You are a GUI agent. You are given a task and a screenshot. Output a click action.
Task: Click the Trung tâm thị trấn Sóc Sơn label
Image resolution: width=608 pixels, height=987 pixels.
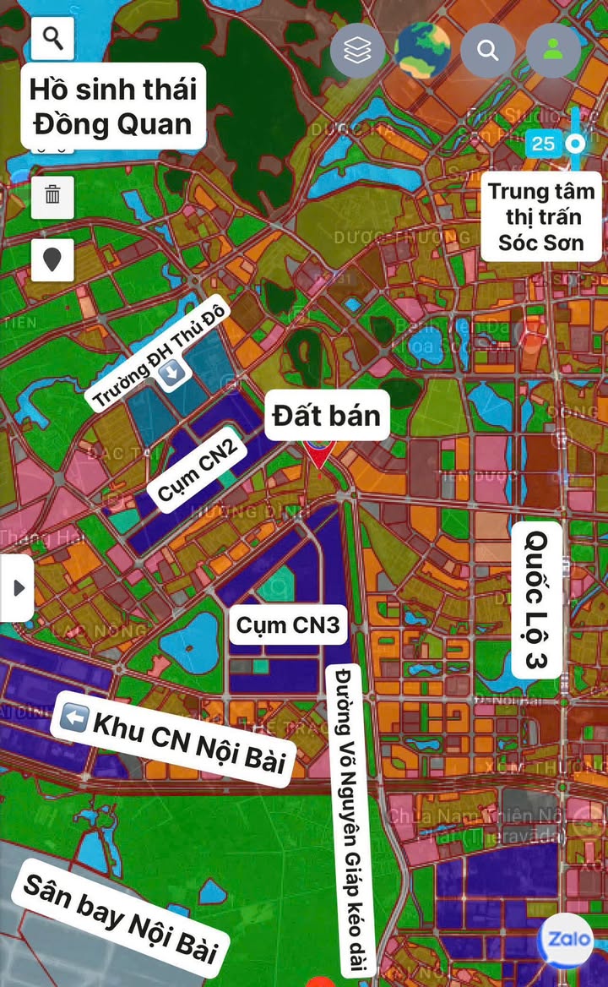(x=541, y=215)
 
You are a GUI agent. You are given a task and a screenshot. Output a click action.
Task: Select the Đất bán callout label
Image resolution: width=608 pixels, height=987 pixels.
(x=327, y=415)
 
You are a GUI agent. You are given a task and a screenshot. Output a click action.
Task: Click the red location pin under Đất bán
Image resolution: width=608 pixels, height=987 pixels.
(x=319, y=454)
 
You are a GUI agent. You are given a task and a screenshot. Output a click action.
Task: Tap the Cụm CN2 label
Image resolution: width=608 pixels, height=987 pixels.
(x=197, y=471)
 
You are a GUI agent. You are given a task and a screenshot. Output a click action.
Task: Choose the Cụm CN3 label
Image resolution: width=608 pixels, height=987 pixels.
(x=288, y=624)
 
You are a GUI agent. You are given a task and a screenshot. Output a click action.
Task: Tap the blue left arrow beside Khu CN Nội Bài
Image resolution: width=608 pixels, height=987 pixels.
(x=73, y=718)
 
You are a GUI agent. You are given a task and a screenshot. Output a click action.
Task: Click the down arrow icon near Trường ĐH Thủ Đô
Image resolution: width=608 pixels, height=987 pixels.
(x=174, y=373)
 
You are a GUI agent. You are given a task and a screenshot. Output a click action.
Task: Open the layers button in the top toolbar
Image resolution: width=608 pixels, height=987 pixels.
(x=358, y=51)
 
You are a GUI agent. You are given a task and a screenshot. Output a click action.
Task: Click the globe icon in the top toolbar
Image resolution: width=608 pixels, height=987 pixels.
(x=422, y=51)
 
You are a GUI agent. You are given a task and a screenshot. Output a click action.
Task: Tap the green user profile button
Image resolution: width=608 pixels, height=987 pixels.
(x=553, y=51)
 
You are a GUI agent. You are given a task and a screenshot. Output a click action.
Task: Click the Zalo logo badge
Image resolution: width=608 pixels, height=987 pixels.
(x=565, y=940)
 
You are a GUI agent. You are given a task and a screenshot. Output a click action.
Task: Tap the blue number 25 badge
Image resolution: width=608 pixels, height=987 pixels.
(x=543, y=144)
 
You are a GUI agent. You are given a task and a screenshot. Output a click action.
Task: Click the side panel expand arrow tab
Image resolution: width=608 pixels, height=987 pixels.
(x=17, y=587)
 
